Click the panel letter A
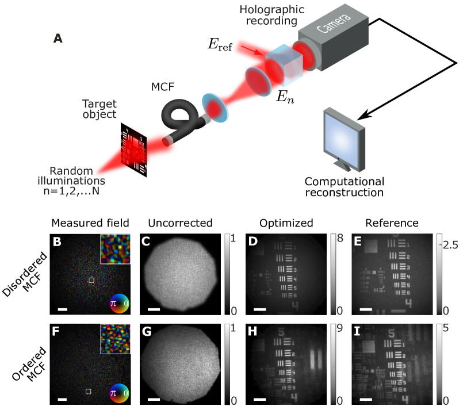click(58, 39)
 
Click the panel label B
click(57, 242)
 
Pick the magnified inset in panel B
click(116, 248)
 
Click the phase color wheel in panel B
click(120, 303)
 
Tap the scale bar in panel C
click(154, 309)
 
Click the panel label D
click(252, 242)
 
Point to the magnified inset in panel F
click(116, 338)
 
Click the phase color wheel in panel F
click(120, 393)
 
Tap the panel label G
click(147, 331)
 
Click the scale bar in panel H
click(259, 398)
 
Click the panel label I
click(357, 331)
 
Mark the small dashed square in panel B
click(91, 280)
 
